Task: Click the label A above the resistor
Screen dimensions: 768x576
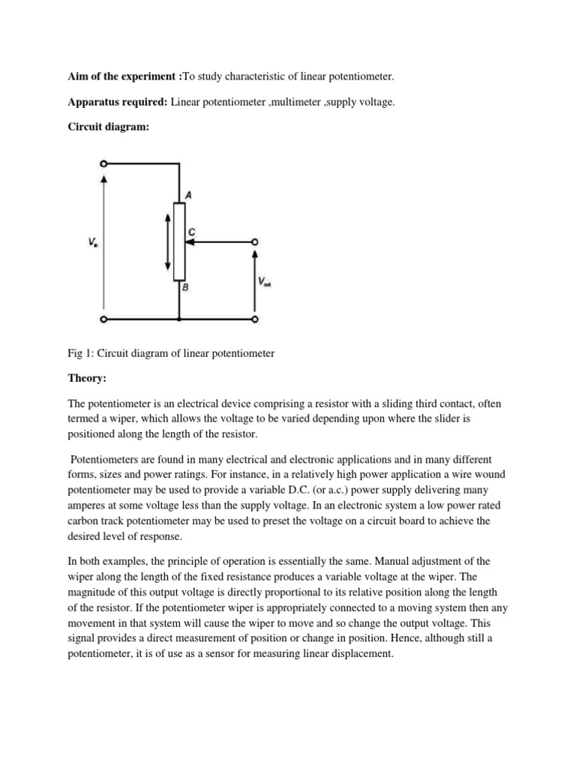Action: pyautogui.click(x=187, y=194)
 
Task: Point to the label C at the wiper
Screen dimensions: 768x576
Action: pyautogui.click(x=192, y=232)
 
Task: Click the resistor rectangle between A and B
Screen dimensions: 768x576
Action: pyautogui.click(x=178, y=240)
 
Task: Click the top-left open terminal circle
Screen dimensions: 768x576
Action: pyautogui.click(x=103, y=163)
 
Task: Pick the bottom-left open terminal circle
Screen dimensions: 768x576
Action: pyautogui.click(x=103, y=319)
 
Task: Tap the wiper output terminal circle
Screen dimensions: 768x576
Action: pyautogui.click(x=255, y=241)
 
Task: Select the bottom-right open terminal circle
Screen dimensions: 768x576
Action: pyautogui.click(x=255, y=319)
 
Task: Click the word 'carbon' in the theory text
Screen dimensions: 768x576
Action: pyautogui.click(x=84, y=521)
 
